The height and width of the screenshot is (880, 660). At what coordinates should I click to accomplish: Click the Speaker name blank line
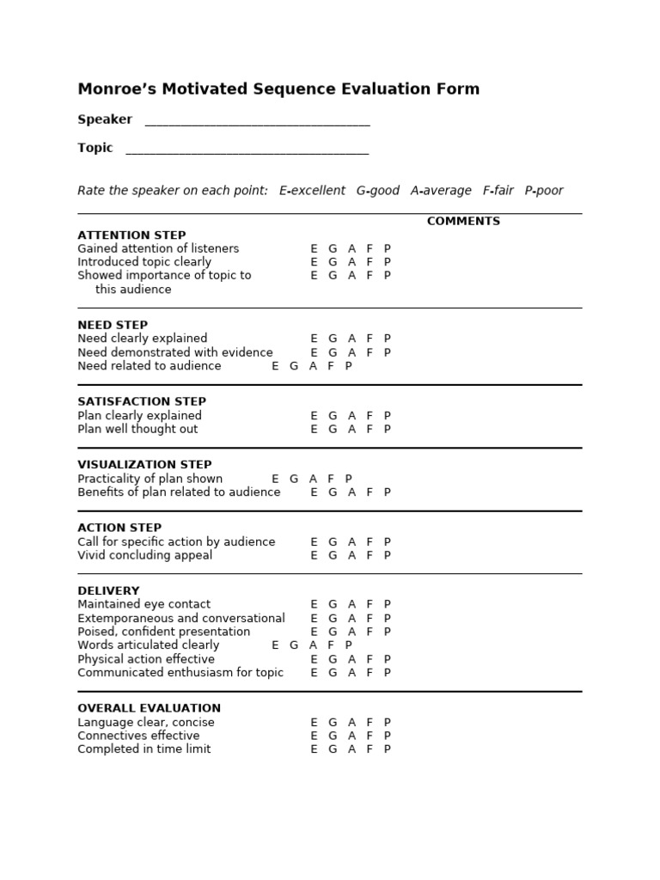pos(257,121)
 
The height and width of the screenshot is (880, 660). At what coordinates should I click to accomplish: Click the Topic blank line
pos(247,150)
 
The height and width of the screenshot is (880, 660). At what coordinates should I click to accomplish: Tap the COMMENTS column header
pos(463,222)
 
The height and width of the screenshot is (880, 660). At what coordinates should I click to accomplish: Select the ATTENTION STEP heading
pos(131,235)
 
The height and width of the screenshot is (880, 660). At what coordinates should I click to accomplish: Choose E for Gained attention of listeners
pos(314,249)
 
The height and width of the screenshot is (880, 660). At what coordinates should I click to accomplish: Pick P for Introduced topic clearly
pos(387,262)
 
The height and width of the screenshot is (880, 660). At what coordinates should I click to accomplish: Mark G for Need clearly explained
pos(333,339)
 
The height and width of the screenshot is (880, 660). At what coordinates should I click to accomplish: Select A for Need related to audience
pos(313,366)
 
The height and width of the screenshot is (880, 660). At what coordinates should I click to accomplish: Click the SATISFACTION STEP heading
pos(142,402)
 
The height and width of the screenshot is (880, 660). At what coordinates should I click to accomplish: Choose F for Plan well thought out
pos(370,430)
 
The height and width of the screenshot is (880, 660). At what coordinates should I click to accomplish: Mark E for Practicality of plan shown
pos(275,480)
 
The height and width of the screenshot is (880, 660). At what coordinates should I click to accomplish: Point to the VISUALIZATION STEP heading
pos(144,465)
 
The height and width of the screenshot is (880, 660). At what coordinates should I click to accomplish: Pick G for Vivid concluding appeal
pos(333,556)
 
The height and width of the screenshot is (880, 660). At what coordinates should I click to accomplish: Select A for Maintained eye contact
pos(351,605)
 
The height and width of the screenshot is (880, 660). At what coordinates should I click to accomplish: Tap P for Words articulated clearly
pos(348,645)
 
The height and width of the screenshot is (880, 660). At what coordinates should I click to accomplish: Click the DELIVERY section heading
pos(108,591)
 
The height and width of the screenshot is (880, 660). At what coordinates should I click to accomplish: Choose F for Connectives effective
pos(370,736)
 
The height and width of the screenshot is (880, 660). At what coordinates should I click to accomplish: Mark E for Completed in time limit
pos(314,749)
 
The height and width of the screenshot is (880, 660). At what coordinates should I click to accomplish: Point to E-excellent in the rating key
pos(312,191)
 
